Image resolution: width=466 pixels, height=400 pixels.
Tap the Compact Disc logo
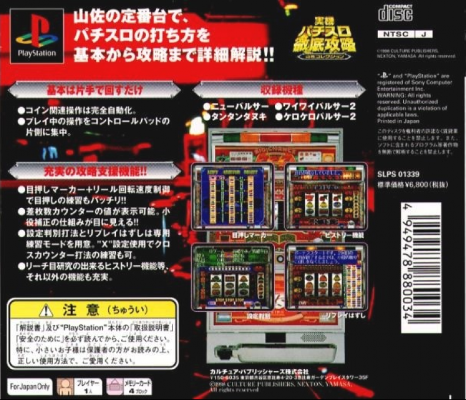pyautogui.click(x=395, y=11)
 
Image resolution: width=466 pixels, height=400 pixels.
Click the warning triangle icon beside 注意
pyautogui.click(x=46, y=309)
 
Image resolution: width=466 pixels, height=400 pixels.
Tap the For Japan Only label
pyautogui.click(x=27, y=386)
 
